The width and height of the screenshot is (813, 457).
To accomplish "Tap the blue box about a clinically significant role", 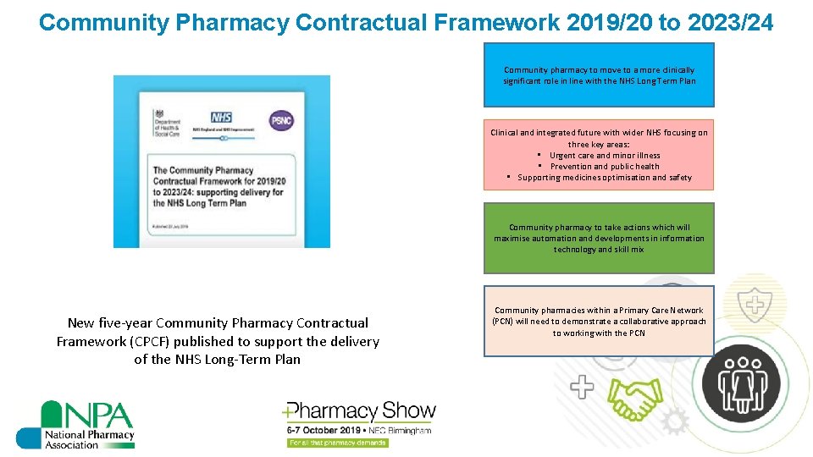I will tap(599, 76).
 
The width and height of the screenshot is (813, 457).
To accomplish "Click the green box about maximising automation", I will tap(599, 239).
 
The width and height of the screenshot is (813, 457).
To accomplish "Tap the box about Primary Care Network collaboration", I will tap(599, 322).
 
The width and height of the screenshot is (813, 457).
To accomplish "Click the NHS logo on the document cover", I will tap(221, 117).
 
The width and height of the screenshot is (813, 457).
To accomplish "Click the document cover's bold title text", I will tap(218, 187).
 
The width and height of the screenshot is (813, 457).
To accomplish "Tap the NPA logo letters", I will tap(88, 416).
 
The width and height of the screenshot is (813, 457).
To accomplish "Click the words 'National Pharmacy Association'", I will tap(89, 440).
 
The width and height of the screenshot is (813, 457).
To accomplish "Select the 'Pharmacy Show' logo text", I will tap(361, 412).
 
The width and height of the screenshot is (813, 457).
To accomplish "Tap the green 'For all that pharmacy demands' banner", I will tap(337, 443).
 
